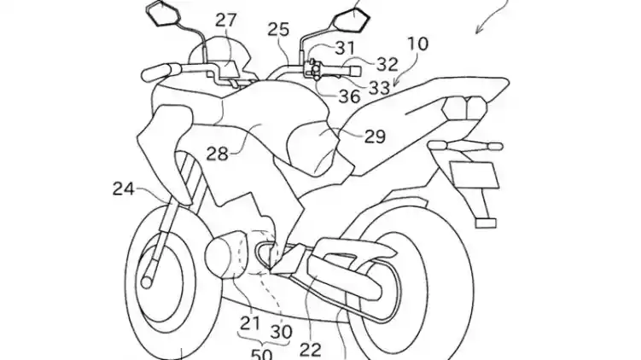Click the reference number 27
(226, 20)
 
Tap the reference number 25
(279, 29)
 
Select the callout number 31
(345, 48)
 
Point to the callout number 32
(387, 64)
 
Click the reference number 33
(379, 87)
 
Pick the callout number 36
(350, 96)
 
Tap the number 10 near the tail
(417, 44)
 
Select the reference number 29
(375, 136)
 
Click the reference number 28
(217, 154)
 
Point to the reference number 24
(124, 189)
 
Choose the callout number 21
(250, 323)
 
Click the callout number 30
(282, 332)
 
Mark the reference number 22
(311, 350)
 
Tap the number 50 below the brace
(261, 354)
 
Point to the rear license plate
(475, 175)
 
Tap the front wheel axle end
(146, 282)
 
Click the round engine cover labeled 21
(224, 255)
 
